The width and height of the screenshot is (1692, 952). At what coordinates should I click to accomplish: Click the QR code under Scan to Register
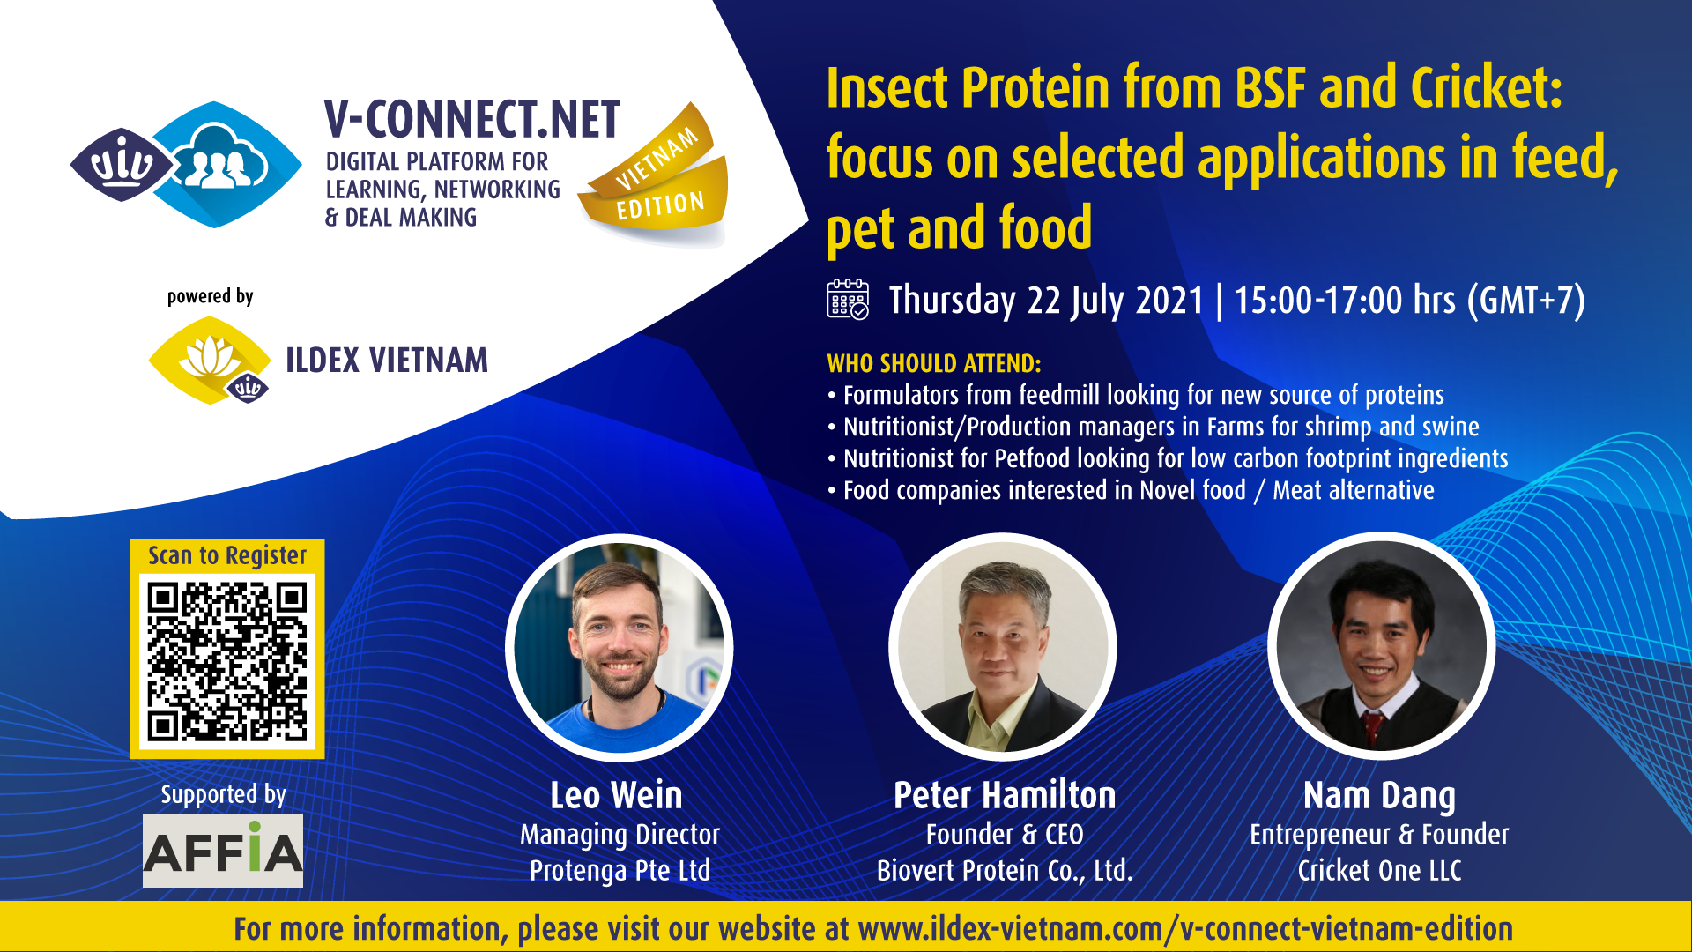227,661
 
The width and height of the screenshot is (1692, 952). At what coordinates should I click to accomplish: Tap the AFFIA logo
223,850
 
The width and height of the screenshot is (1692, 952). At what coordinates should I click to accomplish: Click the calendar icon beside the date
848,299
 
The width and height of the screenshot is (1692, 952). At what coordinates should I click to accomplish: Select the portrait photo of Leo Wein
620,648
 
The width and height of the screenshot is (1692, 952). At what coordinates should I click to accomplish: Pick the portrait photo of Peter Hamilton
1003,647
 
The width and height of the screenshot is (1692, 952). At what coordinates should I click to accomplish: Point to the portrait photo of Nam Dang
1381,646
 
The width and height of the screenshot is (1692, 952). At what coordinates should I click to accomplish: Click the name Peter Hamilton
1005,795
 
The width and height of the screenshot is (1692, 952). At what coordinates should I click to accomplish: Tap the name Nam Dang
1379,796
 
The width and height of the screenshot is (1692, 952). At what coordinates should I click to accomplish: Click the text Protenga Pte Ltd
620,871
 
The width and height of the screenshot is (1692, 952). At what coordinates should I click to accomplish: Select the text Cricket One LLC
1379,871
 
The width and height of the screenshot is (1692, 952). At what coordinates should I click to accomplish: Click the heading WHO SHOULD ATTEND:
934,363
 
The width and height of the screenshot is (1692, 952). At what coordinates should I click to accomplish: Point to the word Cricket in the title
1486,87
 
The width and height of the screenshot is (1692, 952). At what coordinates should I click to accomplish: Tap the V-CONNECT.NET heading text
472,120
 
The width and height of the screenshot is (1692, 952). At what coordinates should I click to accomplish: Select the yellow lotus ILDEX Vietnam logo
210,361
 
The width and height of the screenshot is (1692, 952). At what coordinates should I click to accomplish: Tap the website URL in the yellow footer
1185,928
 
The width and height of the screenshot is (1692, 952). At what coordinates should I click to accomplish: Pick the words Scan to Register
227,555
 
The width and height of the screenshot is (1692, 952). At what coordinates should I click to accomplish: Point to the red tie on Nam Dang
1372,728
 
